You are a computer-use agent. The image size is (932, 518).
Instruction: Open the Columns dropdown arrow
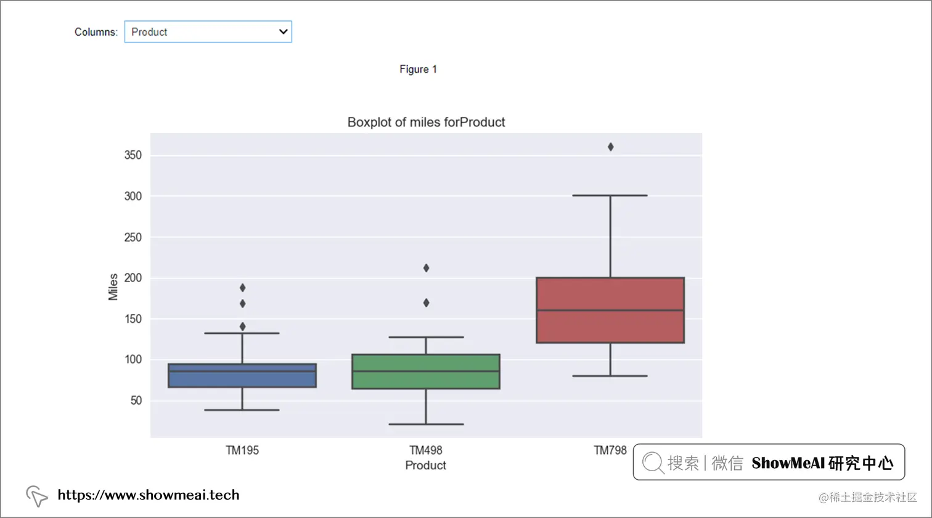pyautogui.click(x=283, y=31)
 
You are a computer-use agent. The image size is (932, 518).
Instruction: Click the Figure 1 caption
pyautogui.click(x=418, y=70)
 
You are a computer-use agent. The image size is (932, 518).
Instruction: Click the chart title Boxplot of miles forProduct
pyautogui.click(x=426, y=122)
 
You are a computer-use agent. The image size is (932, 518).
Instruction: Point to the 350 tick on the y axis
pyautogui.click(x=133, y=155)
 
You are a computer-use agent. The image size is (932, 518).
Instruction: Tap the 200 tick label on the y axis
pyautogui.click(x=133, y=278)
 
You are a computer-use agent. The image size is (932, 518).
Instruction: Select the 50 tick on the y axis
pyautogui.click(x=136, y=400)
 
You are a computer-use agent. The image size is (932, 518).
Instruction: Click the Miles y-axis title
pyautogui.click(x=113, y=287)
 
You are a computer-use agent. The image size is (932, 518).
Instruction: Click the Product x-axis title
pyautogui.click(x=425, y=466)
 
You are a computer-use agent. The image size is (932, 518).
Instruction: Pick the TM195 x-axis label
pyautogui.click(x=242, y=450)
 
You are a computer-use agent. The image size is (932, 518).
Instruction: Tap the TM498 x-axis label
pyautogui.click(x=426, y=450)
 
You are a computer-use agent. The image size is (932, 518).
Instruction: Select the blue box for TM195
pyautogui.click(x=242, y=376)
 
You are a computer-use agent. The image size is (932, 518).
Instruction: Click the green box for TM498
pyautogui.click(x=426, y=371)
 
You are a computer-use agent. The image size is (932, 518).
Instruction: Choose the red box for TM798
pyautogui.click(x=610, y=310)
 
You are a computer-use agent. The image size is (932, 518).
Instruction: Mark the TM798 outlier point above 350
pyautogui.click(x=611, y=147)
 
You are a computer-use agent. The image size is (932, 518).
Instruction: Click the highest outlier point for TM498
pyautogui.click(x=426, y=268)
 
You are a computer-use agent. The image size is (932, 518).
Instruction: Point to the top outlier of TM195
pyautogui.click(x=243, y=288)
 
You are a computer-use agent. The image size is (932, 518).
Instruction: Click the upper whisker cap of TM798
pyautogui.click(x=610, y=195)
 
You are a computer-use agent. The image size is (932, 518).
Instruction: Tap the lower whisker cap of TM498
pyautogui.click(x=426, y=424)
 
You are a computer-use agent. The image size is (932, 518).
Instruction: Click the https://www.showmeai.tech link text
pyautogui.click(x=149, y=495)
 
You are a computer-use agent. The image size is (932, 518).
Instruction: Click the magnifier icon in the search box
pyautogui.click(x=652, y=463)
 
